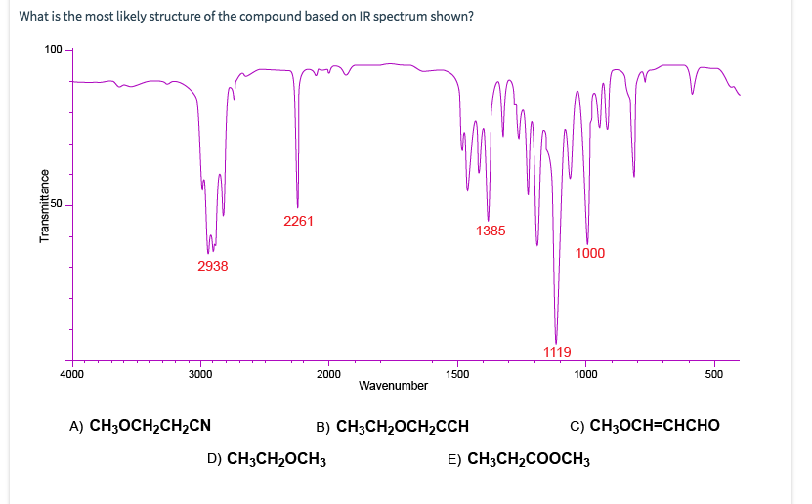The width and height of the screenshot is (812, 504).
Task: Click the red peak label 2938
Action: pyautogui.click(x=212, y=266)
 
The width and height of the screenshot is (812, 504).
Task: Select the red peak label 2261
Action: pyautogui.click(x=298, y=221)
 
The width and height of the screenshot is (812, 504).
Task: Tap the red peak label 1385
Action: pyautogui.click(x=491, y=231)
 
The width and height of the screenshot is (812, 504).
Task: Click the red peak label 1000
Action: pyautogui.click(x=590, y=254)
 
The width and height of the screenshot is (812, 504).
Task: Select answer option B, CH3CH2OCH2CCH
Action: pyautogui.click(x=393, y=426)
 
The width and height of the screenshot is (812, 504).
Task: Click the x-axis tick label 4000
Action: pyautogui.click(x=71, y=373)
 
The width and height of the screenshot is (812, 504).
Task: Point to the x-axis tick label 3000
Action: pyautogui.click(x=200, y=373)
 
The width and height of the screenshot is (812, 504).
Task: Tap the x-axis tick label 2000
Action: pyautogui.click(x=329, y=373)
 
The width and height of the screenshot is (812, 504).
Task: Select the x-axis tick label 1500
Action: pyautogui.click(x=457, y=373)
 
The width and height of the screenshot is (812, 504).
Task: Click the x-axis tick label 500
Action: pyautogui.click(x=714, y=373)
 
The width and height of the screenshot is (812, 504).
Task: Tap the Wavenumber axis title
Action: pyautogui.click(x=393, y=386)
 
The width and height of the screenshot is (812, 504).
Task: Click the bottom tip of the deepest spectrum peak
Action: pyautogui.click(x=556, y=343)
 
